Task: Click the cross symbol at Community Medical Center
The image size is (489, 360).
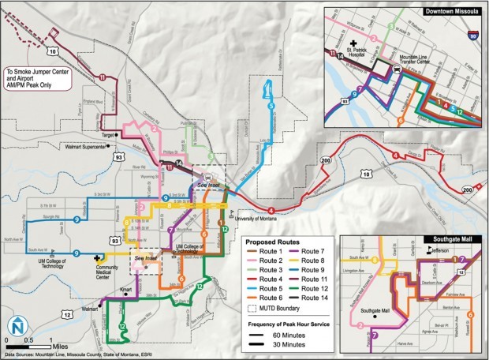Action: pos(98,258)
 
